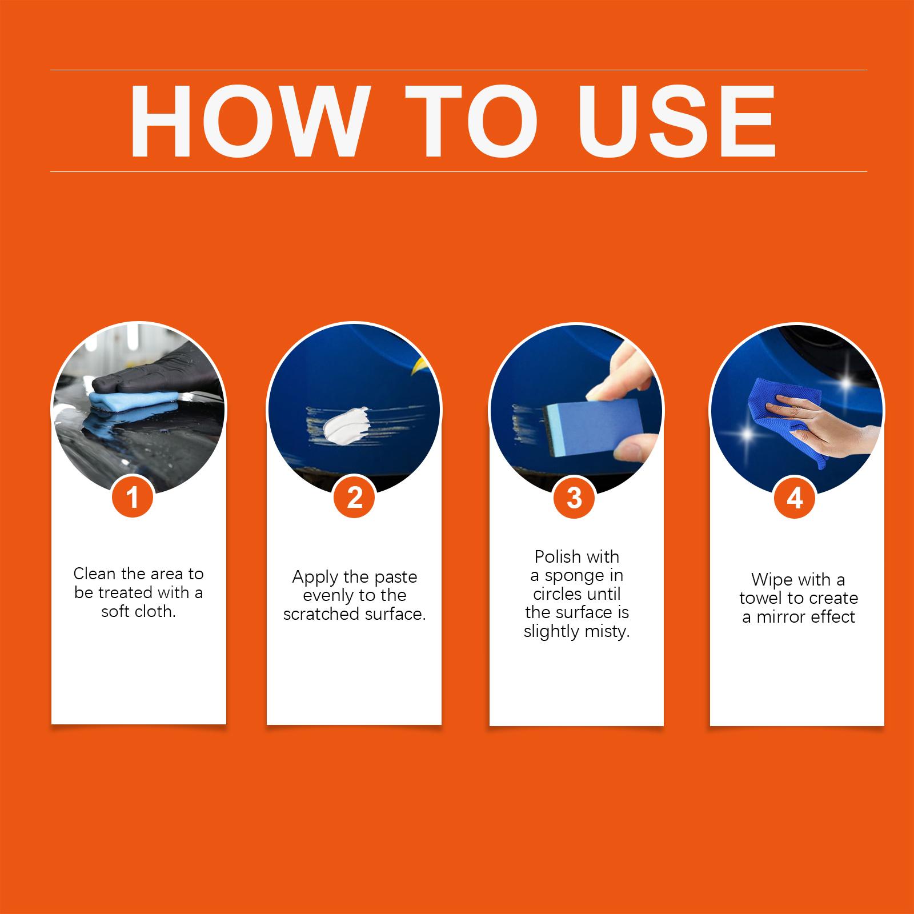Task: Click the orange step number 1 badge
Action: pyautogui.click(x=133, y=497)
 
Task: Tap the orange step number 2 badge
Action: pyautogui.click(x=354, y=497)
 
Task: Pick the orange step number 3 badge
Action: pyautogui.click(x=574, y=497)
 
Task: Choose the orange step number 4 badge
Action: pyautogui.click(x=795, y=497)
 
